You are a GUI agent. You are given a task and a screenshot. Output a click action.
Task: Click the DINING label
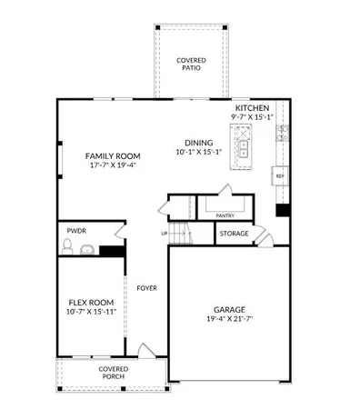coord(198,143)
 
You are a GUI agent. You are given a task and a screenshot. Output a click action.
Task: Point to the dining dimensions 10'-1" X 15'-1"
coord(198,153)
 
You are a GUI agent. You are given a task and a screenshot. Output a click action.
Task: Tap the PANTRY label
coord(225,215)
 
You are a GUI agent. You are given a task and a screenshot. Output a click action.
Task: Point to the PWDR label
coord(75,232)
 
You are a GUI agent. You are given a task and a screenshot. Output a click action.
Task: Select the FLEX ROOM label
coord(91,304)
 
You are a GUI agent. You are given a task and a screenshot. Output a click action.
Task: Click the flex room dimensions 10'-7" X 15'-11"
coord(91,314)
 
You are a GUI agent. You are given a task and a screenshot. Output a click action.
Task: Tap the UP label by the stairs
coord(164,234)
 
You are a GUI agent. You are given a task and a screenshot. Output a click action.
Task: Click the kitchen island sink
coord(243,146)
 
